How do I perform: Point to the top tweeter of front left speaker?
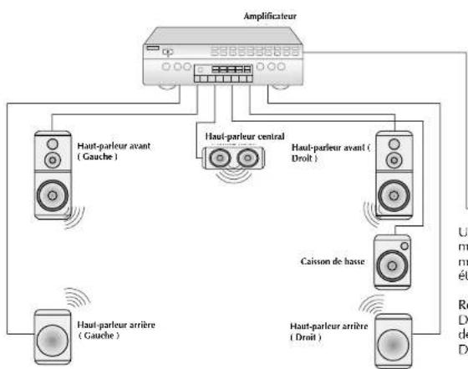tap(52, 141)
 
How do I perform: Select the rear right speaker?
tap(388, 343)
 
